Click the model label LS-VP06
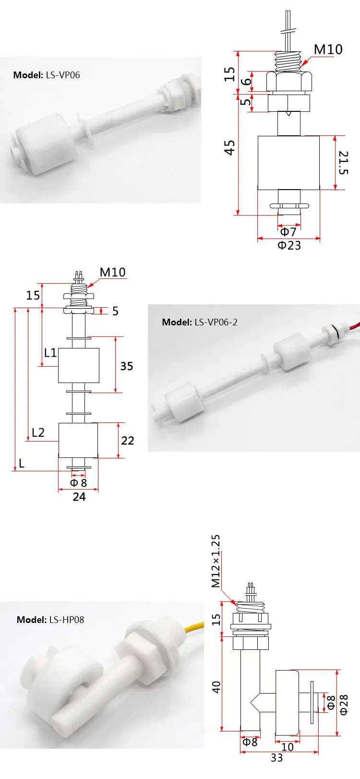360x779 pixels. point(47,75)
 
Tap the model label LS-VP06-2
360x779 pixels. point(200,323)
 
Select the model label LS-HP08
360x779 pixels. point(50,620)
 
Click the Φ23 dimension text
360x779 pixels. point(289,246)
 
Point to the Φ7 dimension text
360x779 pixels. point(288,232)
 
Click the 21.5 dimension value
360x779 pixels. point(343,162)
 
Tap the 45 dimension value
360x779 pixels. point(229,147)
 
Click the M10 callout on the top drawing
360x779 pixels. point(328,49)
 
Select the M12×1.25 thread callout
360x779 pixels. point(216,561)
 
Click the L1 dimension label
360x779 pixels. point(50,353)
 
